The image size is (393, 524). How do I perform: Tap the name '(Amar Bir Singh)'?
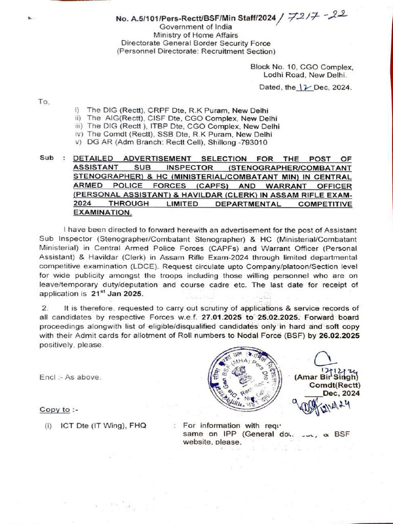pos(328,377)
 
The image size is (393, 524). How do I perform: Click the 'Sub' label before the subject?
pos(47,158)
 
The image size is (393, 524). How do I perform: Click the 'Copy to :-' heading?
pos(55,410)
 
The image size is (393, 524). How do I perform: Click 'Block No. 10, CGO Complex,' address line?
pos(301,67)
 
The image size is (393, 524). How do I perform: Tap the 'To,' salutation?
pos(44,102)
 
